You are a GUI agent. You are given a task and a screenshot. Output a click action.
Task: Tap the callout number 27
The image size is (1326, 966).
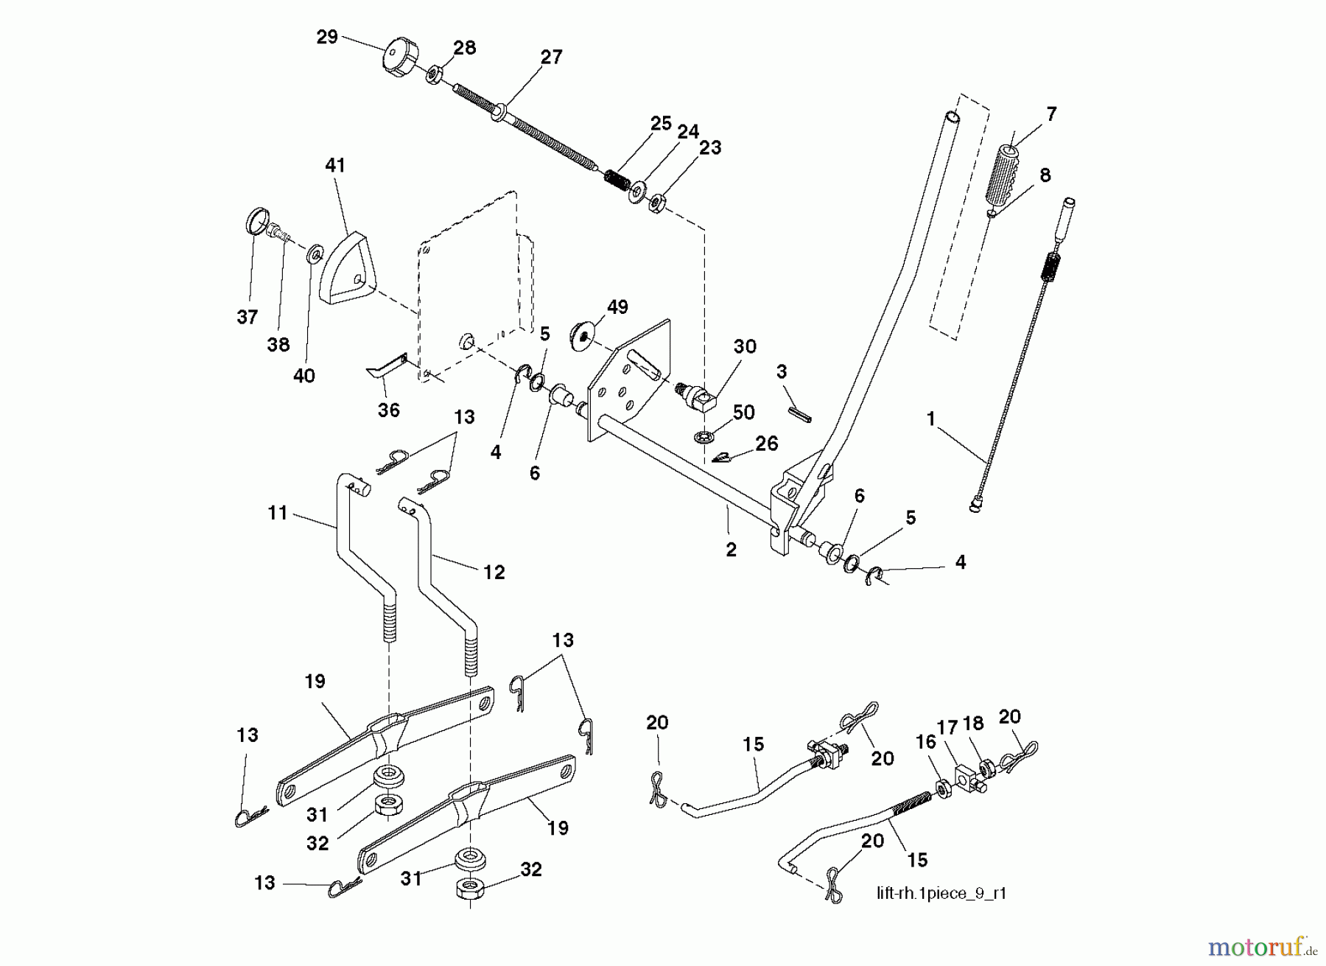pyautogui.click(x=551, y=57)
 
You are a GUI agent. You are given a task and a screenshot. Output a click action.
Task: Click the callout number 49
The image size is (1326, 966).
pyautogui.click(x=617, y=307)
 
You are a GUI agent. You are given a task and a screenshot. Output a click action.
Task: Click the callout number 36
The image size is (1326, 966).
pyautogui.click(x=388, y=410)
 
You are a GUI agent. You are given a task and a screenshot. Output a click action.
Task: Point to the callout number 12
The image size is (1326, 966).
pyautogui.click(x=494, y=572)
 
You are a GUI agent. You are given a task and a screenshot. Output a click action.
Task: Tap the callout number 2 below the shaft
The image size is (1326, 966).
pyautogui.click(x=731, y=550)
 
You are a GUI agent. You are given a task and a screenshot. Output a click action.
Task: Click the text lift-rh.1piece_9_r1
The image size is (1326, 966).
pyautogui.click(x=941, y=894)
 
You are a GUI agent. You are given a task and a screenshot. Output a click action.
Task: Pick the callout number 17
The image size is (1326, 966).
pyautogui.click(x=947, y=728)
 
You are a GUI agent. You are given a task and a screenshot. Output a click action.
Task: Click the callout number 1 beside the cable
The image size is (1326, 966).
pyautogui.click(x=930, y=419)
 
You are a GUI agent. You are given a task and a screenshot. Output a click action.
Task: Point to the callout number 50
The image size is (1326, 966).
pyautogui.click(x=743, y=413)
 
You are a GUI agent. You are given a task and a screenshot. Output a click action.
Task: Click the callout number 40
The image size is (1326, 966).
pyautogui.click(x=304, y=376)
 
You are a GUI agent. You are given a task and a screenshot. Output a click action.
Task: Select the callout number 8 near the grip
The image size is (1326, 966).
pyautogui.click(x=1044, y=175)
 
